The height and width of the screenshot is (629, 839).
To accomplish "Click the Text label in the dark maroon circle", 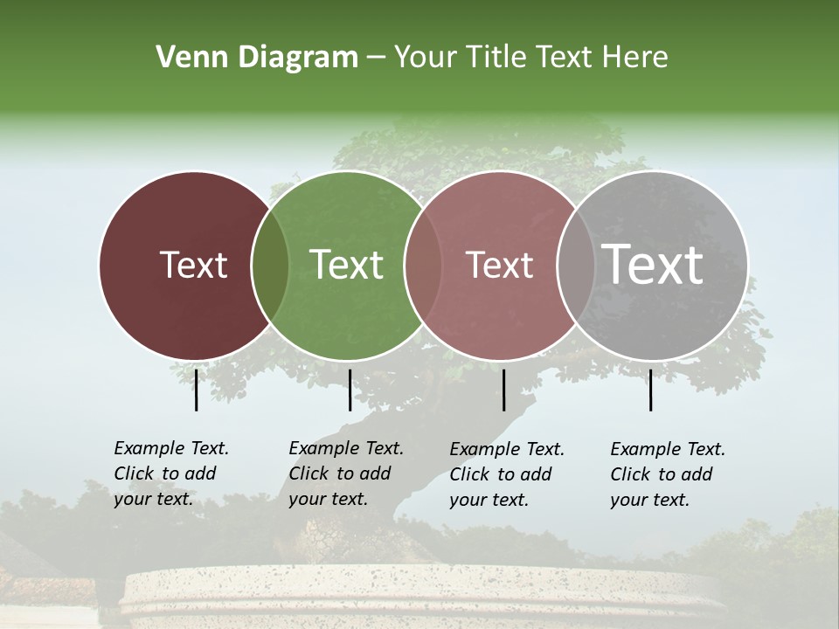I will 193,265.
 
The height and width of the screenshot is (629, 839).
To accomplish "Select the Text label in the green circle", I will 346,265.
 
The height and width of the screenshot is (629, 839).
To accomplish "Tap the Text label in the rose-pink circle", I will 499,265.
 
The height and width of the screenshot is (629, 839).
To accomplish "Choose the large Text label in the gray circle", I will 652,264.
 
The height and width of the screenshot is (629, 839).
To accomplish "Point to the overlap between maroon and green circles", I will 270,265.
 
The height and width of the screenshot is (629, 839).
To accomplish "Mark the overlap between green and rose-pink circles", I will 423,265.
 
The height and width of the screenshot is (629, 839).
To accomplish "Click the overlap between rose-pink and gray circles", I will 576,265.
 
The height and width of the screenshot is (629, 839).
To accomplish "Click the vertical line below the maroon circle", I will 196,390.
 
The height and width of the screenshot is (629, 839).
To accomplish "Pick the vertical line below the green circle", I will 350,390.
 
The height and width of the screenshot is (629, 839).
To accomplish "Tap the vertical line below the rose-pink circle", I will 503,390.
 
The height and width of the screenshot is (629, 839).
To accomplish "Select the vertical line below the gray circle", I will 650,390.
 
